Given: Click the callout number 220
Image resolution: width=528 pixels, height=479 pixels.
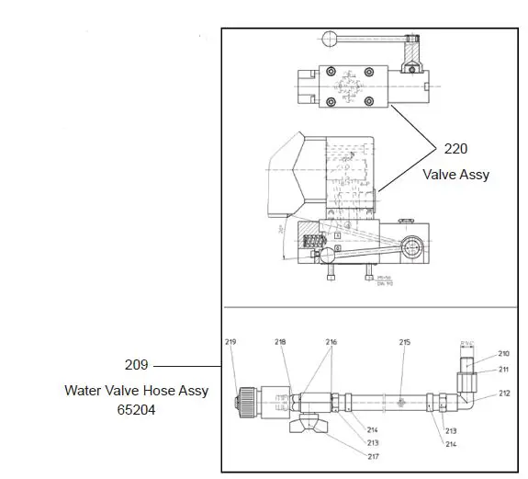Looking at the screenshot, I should [x=456, y=149].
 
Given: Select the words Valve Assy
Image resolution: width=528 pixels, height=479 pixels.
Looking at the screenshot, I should [x=456, y=174].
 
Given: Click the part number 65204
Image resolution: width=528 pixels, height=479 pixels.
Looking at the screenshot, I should [x=137, y=409].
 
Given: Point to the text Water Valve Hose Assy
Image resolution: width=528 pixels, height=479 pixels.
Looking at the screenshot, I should [x=137, y=391].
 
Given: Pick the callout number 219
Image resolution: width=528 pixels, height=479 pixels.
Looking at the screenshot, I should [x=230, y=342].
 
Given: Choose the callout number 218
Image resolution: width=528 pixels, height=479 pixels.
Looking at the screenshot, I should [x=280, y=342].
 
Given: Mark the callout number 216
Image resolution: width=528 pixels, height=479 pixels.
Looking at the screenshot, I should [x=331, y=342].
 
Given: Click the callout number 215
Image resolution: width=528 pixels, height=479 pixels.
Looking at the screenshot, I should [x=404, y=342].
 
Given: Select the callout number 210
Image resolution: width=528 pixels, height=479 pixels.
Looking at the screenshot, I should [x=504, y=353].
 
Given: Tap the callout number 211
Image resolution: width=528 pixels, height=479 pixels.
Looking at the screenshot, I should [x=504, y=370].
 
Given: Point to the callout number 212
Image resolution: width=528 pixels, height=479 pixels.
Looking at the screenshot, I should [x=504, y=393].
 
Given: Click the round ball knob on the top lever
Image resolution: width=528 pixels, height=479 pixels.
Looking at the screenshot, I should [x=330, y=38].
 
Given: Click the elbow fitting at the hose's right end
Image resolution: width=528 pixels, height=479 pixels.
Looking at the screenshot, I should [x=467, y=398].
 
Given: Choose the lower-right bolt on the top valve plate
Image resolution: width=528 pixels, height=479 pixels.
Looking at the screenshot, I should [x=369, y=100].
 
